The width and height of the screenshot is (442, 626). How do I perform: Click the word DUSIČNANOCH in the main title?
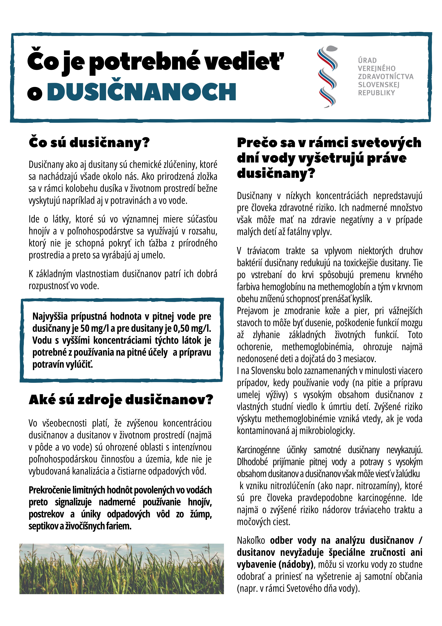[142, 92]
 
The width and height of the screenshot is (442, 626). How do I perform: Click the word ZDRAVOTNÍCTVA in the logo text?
[385, 77]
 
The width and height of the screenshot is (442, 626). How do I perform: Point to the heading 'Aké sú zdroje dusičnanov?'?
[121, 400]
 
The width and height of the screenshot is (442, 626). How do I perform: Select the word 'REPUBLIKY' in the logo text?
[376, 93]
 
